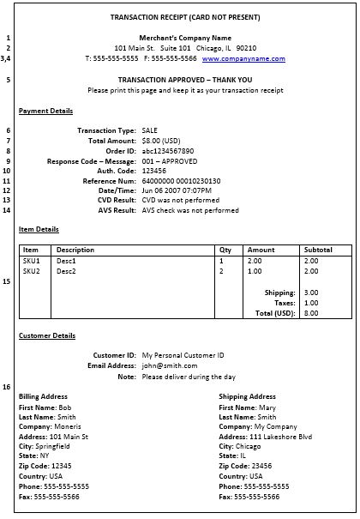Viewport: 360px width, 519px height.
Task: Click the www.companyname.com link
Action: [x=243, y=59]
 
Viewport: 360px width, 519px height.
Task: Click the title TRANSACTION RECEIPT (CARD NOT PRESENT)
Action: [x=186, y=18]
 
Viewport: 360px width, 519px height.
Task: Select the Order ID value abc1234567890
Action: [x=168, y=151]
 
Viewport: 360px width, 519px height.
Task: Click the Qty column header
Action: [x=226, y=250]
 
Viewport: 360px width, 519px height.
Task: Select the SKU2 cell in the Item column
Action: [x=32, y=271]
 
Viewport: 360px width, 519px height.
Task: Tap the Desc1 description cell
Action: [x=67, y=261]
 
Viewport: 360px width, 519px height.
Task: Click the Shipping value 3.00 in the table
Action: [x=310, y=293]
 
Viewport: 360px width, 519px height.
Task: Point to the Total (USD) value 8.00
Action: [x=310, y=313]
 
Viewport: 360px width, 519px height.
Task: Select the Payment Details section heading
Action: [x=45, y=111]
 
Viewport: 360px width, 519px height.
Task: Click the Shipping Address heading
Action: [x=247, y=396]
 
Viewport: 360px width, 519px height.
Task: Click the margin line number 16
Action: [x=7, y=387]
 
